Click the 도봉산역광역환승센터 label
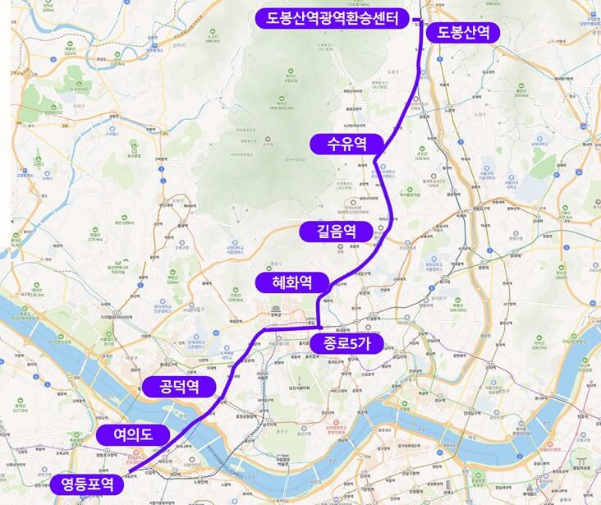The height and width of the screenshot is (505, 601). [x=333, y=18]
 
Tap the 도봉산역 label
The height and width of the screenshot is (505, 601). [x=462, y=32]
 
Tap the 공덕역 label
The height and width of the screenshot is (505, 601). [x=178, y=386]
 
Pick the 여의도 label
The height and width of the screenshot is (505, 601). [x=132, y=434]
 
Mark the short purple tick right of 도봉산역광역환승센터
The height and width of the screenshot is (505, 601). [x=416, y=18]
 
